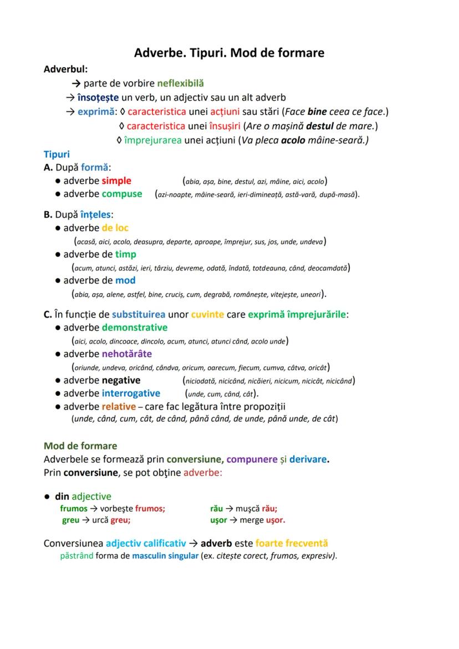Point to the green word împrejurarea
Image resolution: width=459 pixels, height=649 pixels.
point(153,140)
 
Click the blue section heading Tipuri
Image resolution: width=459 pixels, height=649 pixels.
point(57,154)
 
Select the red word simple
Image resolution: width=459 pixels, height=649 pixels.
point(116,181)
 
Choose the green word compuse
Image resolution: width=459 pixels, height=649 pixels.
point(122,194)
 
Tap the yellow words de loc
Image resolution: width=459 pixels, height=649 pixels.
point(115,228)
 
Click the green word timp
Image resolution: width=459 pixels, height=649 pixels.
point(126,254)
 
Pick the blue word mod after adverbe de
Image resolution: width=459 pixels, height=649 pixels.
point(125,280)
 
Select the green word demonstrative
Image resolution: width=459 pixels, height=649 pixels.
point(135,328)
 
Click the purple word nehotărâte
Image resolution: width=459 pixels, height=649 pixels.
point(127,354)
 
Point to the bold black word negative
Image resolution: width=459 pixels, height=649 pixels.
point(121,380)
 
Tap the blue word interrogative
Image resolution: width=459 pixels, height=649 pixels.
point(131,394)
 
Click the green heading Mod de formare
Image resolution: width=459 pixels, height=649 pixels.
point(80,446)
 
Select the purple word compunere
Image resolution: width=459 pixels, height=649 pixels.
point(253,459)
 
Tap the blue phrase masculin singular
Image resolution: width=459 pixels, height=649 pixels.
point(165,556)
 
